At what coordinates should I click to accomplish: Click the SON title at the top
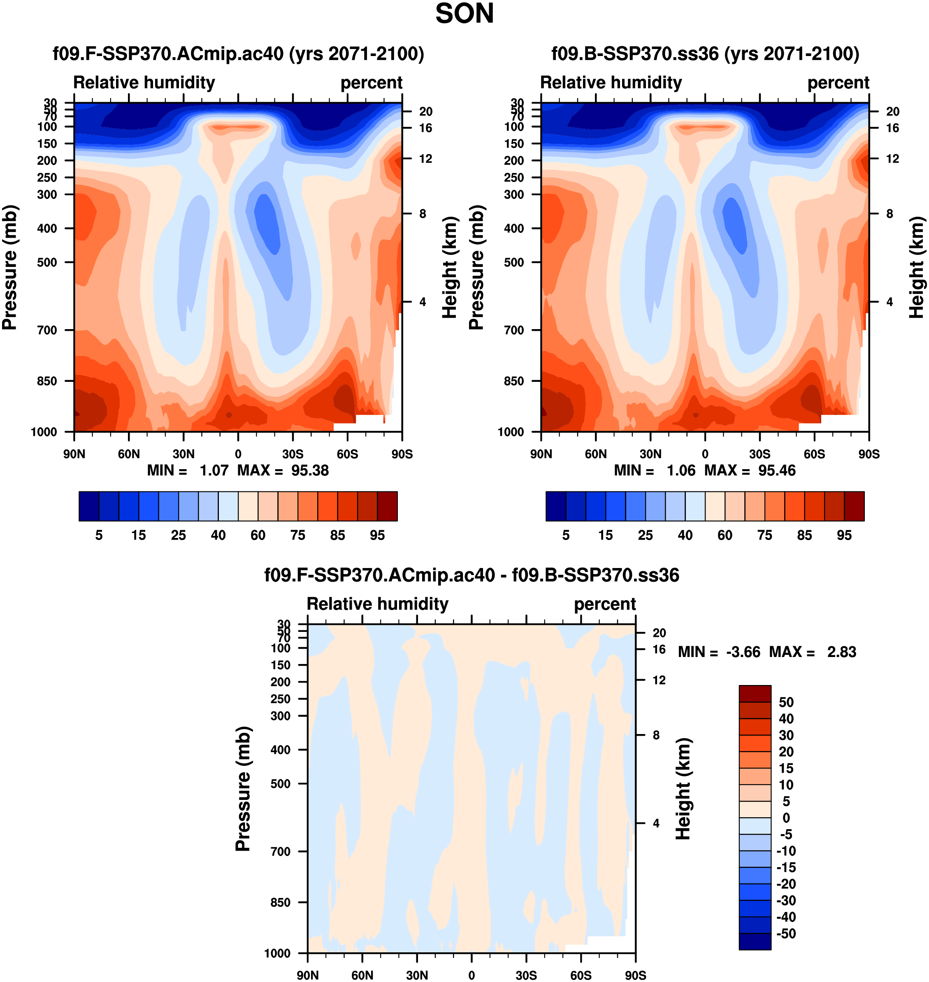pos(464,14)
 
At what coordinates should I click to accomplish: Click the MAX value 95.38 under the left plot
pos(309,470)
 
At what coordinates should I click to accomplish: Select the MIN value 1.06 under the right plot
pos(681,470)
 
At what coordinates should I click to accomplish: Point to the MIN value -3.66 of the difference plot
pos(743,652)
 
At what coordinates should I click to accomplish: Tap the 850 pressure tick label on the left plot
pos(47,381)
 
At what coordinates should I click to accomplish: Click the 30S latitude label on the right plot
pos(759,454)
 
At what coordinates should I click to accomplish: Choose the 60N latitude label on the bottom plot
pos(362,975)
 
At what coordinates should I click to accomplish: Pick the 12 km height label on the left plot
pos(425,159)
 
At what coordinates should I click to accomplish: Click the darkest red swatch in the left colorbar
pos(387,506)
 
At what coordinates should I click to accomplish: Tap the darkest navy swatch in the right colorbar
pos(555,506)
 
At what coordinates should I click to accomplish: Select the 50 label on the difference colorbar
pos(786,702)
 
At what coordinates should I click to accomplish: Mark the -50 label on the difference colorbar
pos(786,933)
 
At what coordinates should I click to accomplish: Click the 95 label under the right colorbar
pos(844,535)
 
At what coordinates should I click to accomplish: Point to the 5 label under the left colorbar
pos(99,535)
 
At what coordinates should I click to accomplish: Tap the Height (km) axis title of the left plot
pos(449,267)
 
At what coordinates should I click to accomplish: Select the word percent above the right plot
pos(838,83)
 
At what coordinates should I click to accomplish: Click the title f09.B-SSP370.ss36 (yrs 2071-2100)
pos(705,54)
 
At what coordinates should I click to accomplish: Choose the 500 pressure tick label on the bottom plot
pos(280,784)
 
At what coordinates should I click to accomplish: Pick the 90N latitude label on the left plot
pos(74,454)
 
